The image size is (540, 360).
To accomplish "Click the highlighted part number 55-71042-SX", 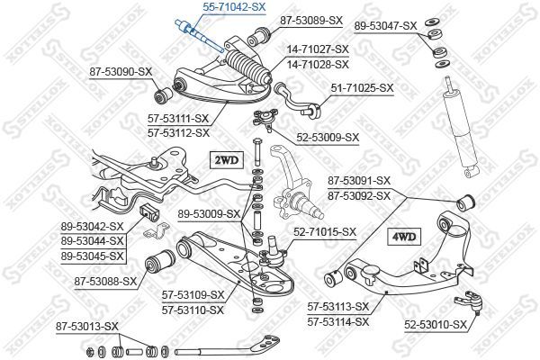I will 220,6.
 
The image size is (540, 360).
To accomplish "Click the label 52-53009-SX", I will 326,138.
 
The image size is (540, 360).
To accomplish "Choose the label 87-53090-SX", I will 121,69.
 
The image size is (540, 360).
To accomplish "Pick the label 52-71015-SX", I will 325,231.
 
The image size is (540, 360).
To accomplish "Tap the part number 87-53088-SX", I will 105,281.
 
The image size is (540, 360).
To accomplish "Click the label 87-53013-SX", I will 86,325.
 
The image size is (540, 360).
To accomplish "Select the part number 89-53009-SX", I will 209,213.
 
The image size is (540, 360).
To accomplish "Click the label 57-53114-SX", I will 338,321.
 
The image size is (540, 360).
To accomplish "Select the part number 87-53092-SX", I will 358,195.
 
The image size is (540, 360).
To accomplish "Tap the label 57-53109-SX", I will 193,294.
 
